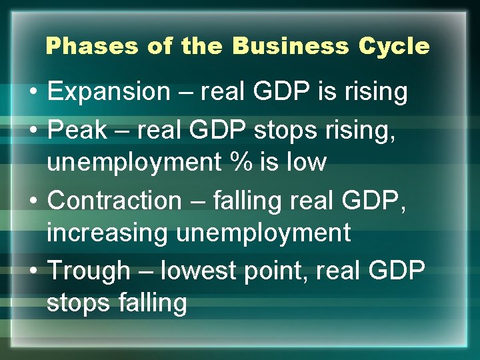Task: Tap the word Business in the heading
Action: [290, 47]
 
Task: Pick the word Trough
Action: [88, 271]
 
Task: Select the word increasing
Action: [106, 233]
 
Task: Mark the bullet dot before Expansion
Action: [33, 93]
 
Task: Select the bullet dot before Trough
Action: [33, 271]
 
